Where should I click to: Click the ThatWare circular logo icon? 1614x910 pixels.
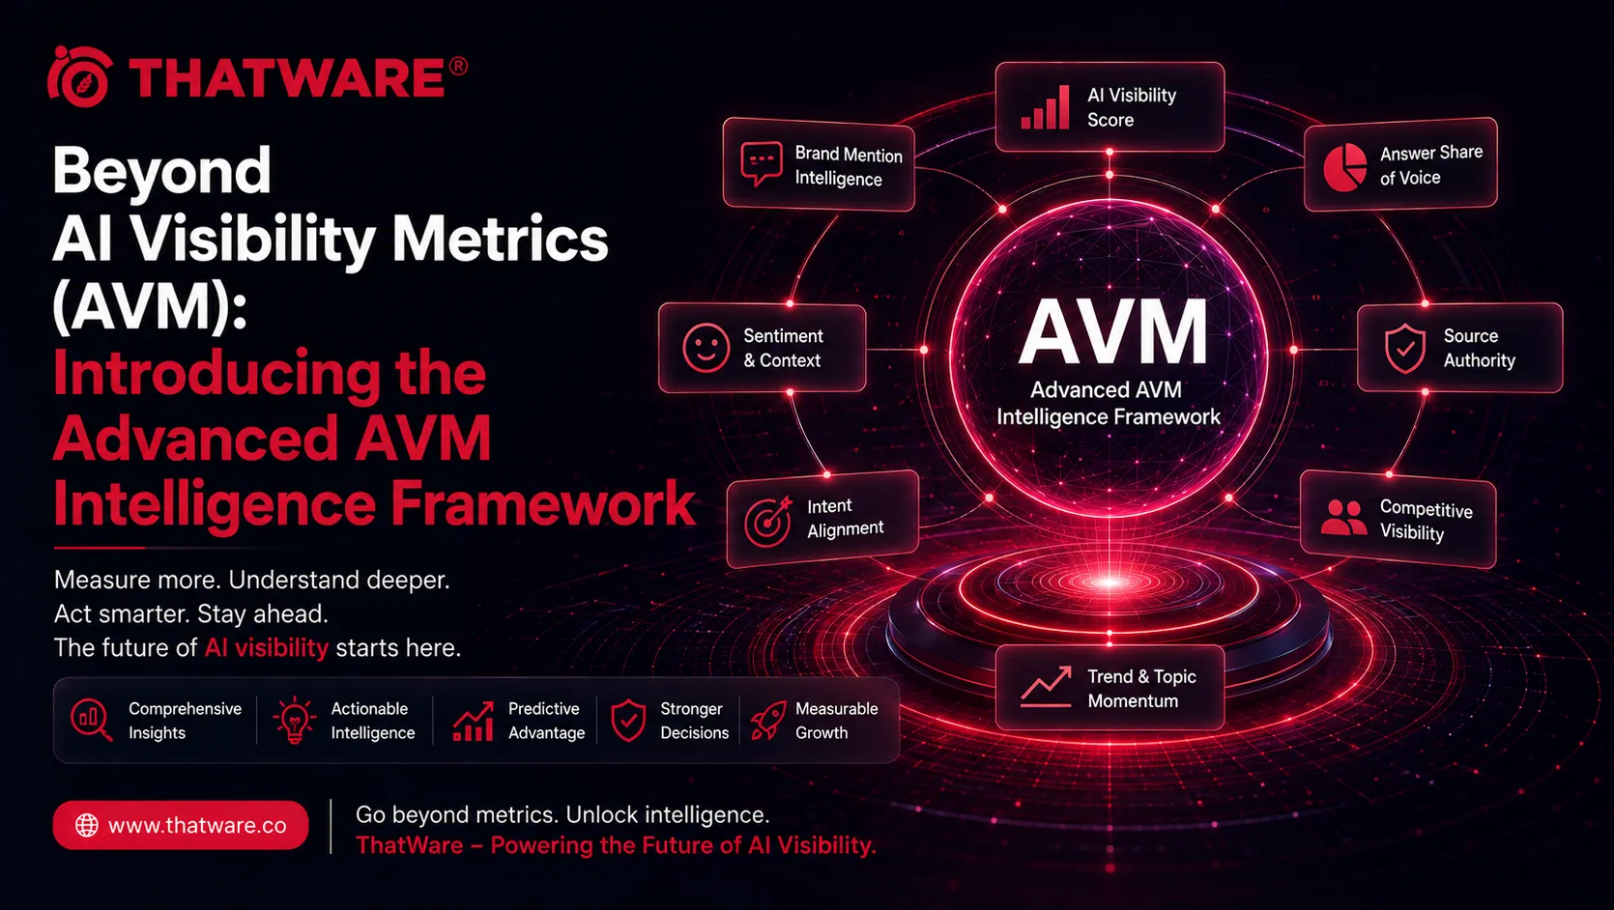80,77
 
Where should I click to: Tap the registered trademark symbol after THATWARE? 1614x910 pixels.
458,67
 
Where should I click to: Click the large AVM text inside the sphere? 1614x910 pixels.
1113,332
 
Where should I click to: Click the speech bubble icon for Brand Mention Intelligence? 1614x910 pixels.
761,163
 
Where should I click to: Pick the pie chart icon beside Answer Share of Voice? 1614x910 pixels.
1344,167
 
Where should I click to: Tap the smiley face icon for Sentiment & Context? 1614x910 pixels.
706,348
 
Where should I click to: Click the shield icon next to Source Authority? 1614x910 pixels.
1404,349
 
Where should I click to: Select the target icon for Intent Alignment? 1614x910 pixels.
768,522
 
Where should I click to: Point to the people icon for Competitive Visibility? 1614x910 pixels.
1343,518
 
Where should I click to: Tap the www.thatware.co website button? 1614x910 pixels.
181,825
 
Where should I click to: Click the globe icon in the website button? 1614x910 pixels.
86,825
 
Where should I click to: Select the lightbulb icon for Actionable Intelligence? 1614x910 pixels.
294,720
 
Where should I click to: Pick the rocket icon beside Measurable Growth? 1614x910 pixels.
768,720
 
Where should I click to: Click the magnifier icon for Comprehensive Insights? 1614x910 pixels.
92,720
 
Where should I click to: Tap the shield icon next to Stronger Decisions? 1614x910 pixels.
628,720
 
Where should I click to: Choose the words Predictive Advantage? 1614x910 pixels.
546,721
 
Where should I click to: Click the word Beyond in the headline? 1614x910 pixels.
162,171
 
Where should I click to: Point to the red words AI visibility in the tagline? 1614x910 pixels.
267,648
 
